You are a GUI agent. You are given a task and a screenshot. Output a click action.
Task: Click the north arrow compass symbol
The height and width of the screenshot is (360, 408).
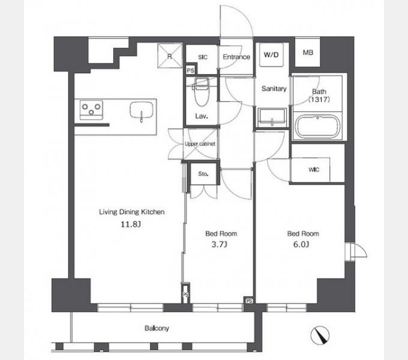(320, 335)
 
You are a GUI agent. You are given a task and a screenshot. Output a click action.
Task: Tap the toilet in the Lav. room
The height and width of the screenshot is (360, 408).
(201, 92)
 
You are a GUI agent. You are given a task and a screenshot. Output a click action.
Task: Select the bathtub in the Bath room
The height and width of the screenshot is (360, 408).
(318, 126)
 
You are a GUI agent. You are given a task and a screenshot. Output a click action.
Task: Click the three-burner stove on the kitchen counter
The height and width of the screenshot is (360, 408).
(91, 110)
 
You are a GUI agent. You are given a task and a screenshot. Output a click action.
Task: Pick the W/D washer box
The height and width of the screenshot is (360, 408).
(271, 55)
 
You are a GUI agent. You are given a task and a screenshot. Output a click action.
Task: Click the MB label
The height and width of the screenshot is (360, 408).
(308, 53)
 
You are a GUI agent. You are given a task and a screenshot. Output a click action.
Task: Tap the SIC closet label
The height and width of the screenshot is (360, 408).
(203, 57)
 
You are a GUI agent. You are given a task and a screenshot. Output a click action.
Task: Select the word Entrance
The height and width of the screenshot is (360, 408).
(236, 57)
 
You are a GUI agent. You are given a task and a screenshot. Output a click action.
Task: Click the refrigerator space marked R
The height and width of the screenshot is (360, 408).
(170, 56)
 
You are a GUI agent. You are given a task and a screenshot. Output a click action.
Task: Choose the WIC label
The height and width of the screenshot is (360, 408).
(314, 170)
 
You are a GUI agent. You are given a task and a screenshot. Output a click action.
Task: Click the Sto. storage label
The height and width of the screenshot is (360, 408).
(203, 174)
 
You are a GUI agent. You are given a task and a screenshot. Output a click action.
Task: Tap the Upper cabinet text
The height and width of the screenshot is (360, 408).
(200, 144)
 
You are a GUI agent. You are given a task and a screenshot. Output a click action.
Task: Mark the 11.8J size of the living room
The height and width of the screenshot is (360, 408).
(131, 224)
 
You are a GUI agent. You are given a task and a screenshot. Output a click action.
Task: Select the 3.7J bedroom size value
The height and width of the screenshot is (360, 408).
(220, 245)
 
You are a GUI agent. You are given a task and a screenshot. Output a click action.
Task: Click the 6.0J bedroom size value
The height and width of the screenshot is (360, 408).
(301, 245)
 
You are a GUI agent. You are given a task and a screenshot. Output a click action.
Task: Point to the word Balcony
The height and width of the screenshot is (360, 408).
(157, 328)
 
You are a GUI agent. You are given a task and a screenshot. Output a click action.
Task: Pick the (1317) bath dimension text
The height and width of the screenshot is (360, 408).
(319, 99)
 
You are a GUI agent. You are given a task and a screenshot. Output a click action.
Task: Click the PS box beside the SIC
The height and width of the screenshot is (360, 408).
(190, 70)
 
